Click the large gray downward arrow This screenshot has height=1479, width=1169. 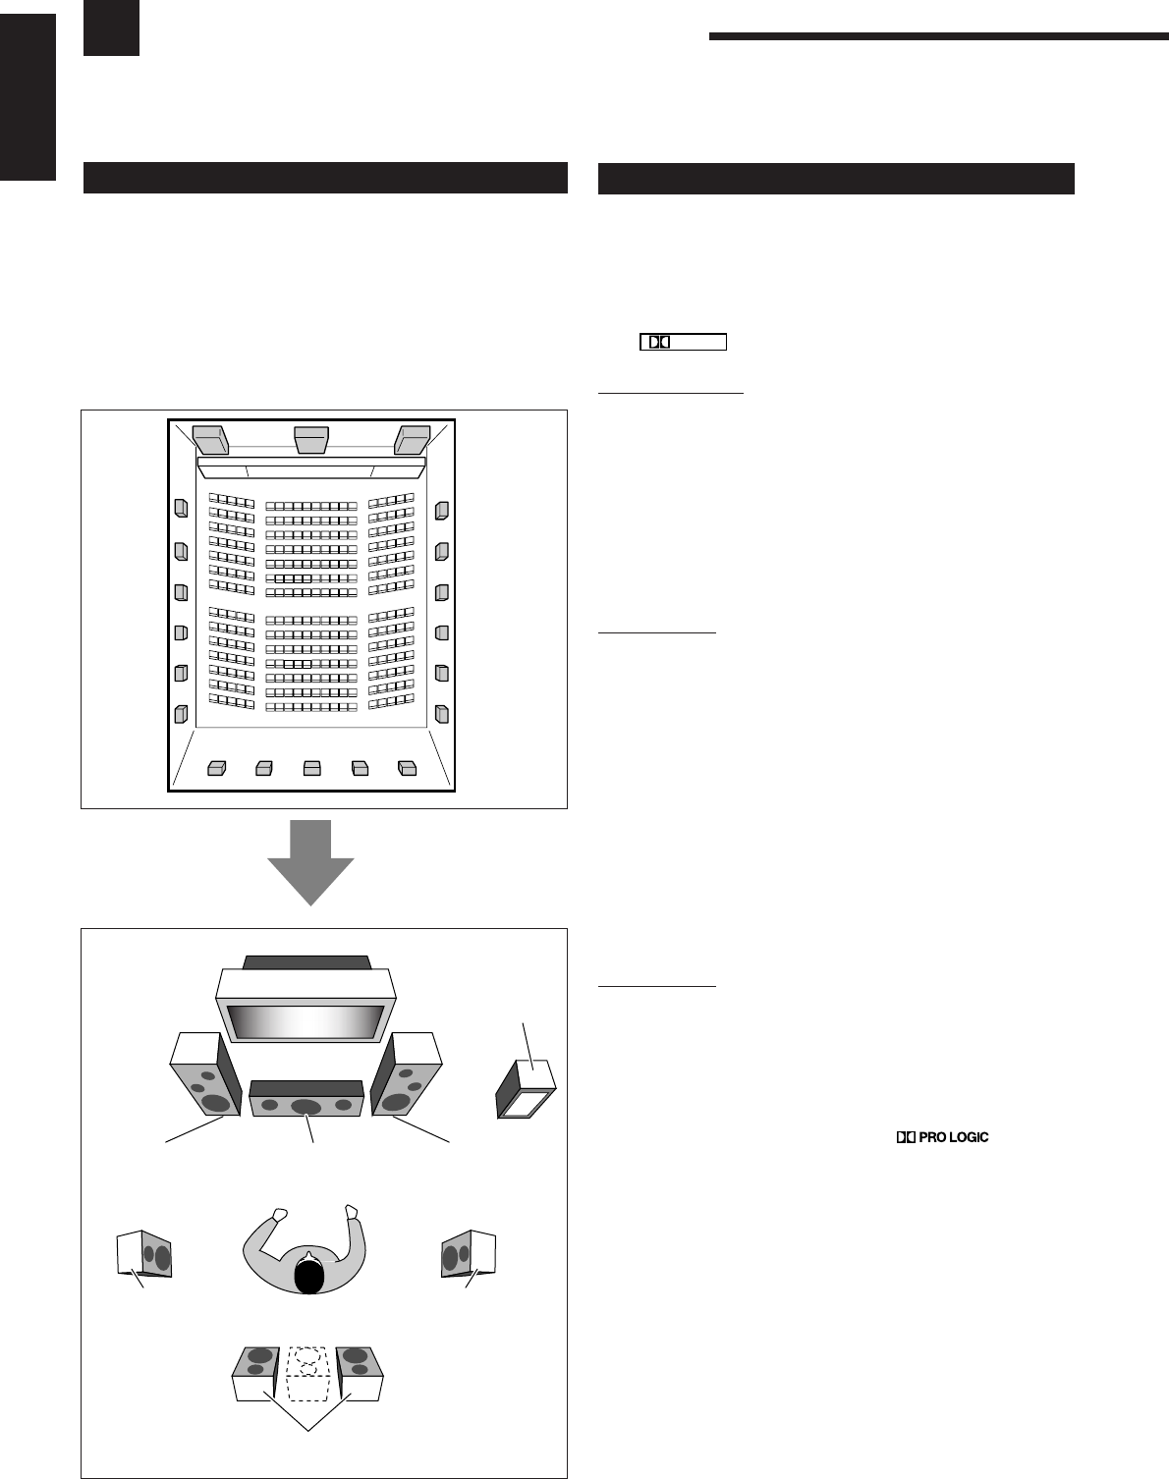coord(310,860)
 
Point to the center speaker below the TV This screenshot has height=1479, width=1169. coord(307,1099)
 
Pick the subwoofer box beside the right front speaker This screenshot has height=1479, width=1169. coord(526,1091)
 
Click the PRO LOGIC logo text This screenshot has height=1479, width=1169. coord(941,1137)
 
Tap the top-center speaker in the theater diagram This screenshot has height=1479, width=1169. coord(310,439)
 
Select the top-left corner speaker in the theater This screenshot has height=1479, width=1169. coord(210,438)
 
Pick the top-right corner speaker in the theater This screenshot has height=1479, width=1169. coord(412,438)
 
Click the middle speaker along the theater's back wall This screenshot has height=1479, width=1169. coord(312,768)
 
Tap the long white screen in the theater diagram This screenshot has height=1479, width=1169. coord(311,466)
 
